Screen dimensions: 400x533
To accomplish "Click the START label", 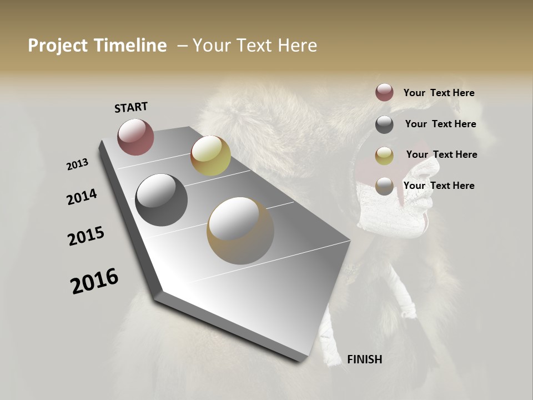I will tap(131, 107).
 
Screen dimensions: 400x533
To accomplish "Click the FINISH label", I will tap(364, 359).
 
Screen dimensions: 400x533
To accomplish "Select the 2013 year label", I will tap(77, 164).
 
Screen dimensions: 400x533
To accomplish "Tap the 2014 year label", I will tap(82, 197).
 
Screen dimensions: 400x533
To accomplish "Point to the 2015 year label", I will tap(86, 236).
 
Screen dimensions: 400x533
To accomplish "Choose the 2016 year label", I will tap(94, 281).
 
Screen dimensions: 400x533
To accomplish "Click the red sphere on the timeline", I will tap(135, 137).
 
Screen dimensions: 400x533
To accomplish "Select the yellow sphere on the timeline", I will tap(210, 156).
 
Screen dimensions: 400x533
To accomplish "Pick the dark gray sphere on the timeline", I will tap(161, 200).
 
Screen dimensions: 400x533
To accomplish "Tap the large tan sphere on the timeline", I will tap(240, 231).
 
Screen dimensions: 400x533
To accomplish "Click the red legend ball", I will tap(384, 93).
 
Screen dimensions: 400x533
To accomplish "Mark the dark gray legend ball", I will tap(384, 124).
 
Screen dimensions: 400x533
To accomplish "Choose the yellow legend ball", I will tap(384, 156).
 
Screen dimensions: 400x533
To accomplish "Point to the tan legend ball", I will tap(384, 186).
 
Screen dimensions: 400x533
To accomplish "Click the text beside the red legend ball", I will tap(439, 93).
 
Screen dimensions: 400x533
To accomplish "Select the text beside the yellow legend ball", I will tap(441, 154).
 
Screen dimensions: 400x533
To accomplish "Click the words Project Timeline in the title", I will tap(97, 46).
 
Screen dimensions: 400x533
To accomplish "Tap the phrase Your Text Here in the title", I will tap(255, 46).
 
